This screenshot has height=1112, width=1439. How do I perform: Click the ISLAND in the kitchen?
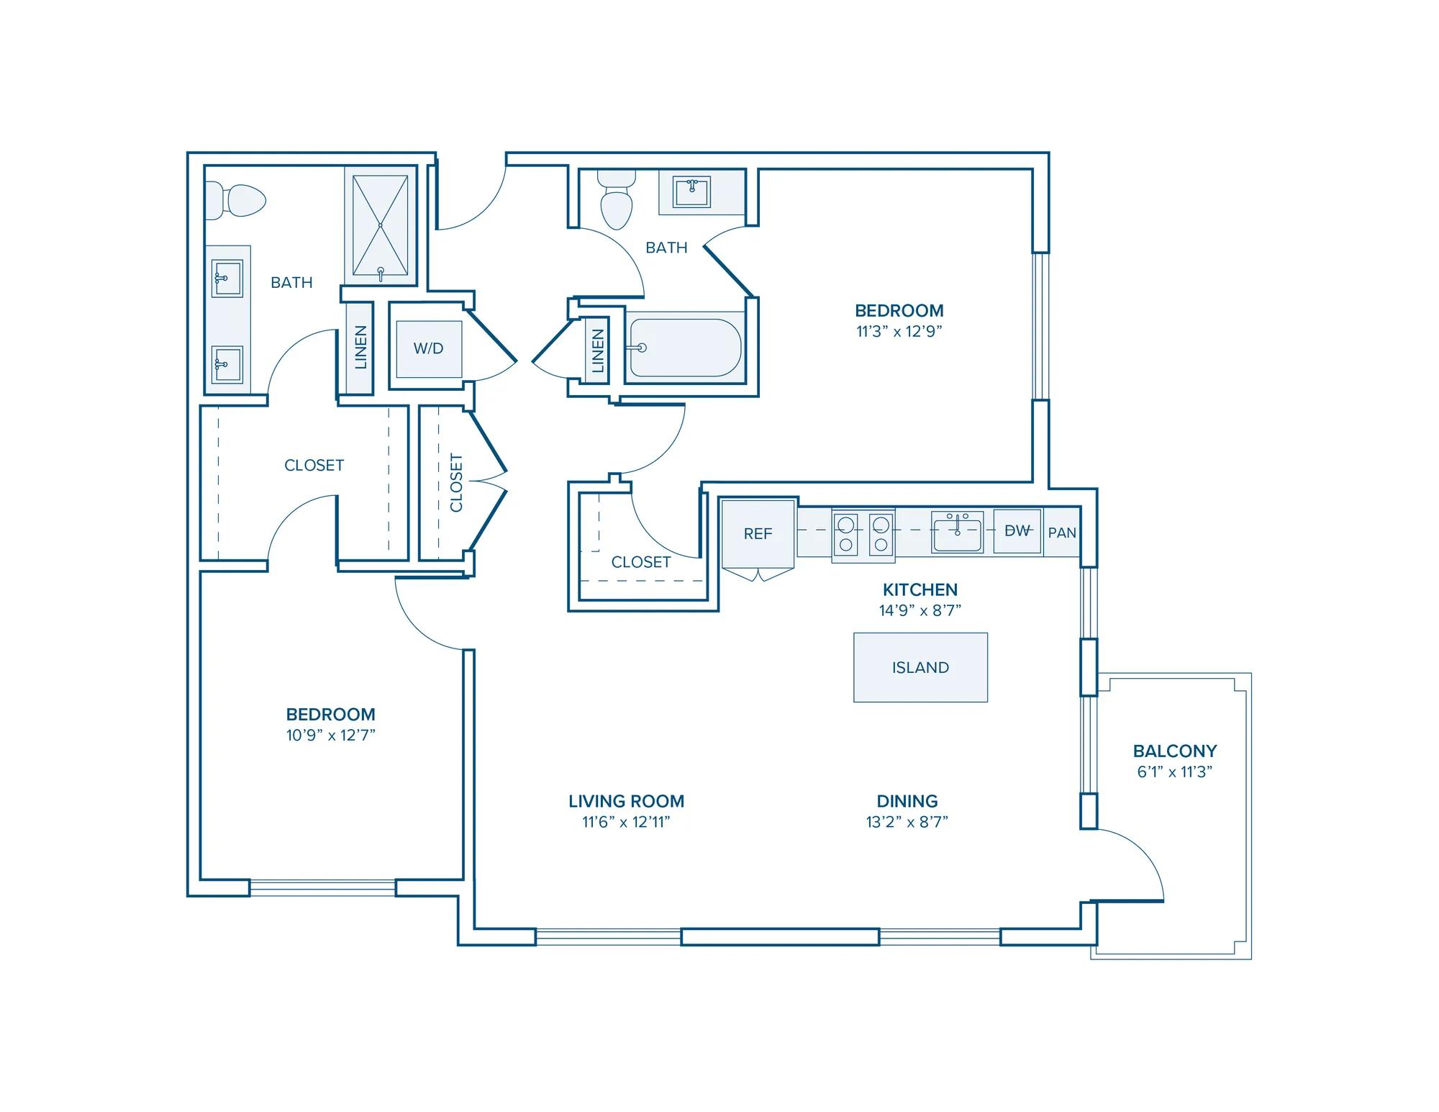[920, 667]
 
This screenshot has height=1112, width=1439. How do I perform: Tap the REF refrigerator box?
[758, 533]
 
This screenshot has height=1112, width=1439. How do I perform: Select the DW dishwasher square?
[1017, 531]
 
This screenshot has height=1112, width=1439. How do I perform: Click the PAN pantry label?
[1062, 533]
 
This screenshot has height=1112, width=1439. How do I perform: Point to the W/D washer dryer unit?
[429, 349]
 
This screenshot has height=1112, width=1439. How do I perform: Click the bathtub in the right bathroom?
[685, 348]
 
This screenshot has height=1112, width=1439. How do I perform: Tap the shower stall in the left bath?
[381, 225]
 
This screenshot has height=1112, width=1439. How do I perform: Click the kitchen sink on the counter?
[958, 533]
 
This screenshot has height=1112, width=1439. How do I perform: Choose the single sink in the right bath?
[691, 192]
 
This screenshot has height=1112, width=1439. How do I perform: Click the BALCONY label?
[1175, 751]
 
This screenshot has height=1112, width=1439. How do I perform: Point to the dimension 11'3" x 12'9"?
[899, 331]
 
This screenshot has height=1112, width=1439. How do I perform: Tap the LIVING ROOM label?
[627, 801]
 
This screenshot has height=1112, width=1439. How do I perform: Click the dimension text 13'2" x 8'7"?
[907, 821]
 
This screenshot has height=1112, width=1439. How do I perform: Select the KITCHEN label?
[920, 589]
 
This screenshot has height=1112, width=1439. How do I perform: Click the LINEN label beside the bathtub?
[597, 351]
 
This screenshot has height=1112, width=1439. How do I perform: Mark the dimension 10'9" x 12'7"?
[331, 735]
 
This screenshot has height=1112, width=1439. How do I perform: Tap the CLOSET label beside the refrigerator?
[641, 562]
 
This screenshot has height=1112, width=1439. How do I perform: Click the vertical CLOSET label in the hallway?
[456, 482]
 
